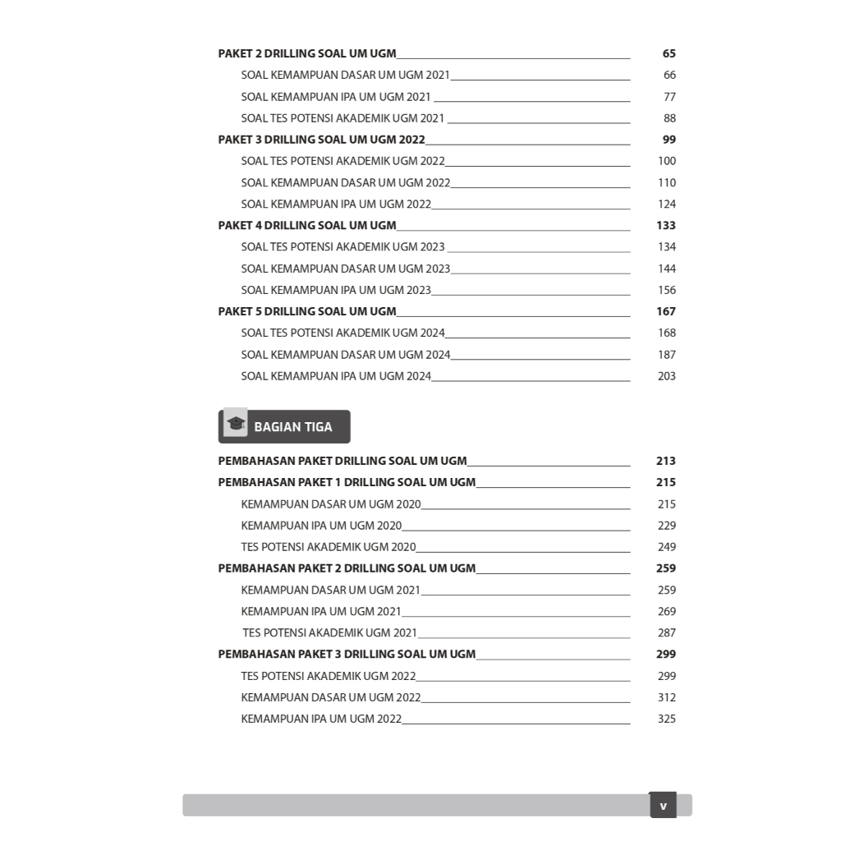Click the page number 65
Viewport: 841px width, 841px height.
669,53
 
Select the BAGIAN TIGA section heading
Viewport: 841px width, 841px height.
293,427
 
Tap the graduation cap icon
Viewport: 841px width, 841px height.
237,424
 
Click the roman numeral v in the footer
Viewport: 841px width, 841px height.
663,806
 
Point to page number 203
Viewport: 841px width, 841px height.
666,376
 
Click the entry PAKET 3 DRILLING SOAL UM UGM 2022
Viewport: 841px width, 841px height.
321,140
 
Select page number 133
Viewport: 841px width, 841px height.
666,225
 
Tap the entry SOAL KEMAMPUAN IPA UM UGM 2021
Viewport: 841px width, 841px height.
336,97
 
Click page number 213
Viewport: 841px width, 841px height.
665,461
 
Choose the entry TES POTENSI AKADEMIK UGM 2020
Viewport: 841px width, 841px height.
329,547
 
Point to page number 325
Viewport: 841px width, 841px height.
666,719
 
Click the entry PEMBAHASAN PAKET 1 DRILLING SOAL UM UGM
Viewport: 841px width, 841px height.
347,482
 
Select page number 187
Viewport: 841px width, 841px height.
666,355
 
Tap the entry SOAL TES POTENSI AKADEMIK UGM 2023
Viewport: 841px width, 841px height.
342,246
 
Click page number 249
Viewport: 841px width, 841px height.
666,547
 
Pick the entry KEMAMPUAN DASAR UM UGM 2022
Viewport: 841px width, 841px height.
331,697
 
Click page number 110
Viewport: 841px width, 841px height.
666,182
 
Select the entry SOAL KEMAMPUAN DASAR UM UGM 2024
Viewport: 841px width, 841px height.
346,355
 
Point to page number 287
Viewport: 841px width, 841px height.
666,632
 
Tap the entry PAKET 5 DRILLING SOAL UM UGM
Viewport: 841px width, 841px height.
307,311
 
